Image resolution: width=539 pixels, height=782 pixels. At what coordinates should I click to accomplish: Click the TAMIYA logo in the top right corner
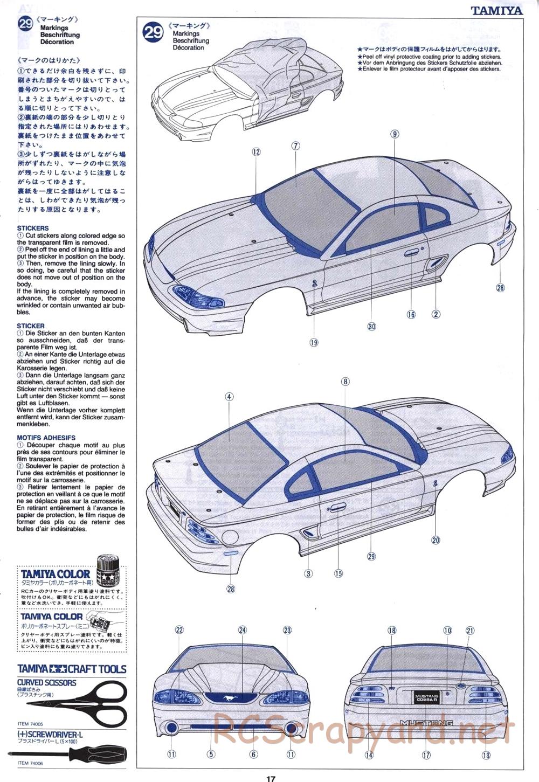point(496,10)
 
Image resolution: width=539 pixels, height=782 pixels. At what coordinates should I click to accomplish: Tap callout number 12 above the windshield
point(256,152)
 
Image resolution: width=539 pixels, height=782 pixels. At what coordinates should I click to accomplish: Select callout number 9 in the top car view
point(395,134)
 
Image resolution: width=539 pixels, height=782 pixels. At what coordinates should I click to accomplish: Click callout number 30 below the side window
point(371,326)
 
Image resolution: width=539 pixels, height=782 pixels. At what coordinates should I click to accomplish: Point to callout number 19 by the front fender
point(314,342)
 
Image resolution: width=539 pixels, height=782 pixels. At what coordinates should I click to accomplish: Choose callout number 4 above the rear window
point(229,397)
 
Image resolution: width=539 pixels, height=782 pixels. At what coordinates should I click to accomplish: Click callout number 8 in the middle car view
point(345,382)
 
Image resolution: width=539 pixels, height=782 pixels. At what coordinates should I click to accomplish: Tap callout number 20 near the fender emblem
point(436,540)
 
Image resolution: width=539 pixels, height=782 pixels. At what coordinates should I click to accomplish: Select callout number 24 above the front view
point(242,630)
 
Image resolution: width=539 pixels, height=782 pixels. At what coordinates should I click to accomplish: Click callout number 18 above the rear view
point(392,630)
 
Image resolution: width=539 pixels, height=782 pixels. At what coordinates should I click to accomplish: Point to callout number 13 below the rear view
point(486,755)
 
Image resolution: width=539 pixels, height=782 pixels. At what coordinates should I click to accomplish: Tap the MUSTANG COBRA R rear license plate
point(426,698)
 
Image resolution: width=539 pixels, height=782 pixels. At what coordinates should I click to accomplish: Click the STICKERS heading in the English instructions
point(33,229)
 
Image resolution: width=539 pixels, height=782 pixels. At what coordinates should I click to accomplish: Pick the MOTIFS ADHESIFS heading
point(46,438)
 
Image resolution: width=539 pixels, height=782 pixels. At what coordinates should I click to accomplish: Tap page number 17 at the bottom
point(271,778)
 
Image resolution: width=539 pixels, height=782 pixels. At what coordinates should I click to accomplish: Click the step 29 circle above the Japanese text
point(26,24)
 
